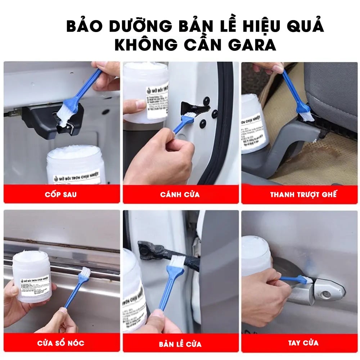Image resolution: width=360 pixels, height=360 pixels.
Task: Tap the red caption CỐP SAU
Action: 61,195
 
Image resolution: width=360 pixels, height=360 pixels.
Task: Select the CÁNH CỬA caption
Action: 180,195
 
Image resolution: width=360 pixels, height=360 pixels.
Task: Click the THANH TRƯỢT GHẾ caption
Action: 303,195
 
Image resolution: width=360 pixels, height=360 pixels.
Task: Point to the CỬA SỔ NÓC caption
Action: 61,343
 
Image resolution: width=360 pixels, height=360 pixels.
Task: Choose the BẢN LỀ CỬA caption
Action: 180,343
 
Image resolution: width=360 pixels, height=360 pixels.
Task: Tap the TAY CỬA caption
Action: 303,343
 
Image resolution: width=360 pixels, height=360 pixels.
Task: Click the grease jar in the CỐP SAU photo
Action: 76,167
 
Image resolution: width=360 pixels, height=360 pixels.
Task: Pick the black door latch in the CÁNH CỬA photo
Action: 193,108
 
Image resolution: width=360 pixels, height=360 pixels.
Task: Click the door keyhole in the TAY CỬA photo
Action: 326,294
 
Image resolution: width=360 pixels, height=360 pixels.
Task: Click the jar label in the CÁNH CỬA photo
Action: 157,100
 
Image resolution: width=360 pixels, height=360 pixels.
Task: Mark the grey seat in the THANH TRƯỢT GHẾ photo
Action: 331,90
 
